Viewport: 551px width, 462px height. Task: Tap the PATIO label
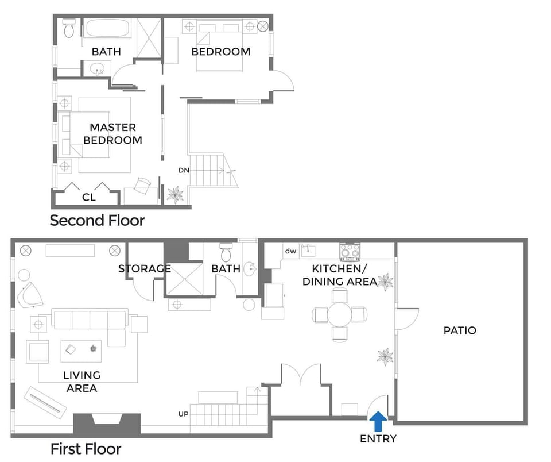point(460,330)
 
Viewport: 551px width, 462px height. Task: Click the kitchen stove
point(350,251)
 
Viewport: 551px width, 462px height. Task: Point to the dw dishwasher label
point(290,251)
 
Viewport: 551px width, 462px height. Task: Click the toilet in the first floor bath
point(226,252)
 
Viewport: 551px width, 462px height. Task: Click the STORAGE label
point(145,268)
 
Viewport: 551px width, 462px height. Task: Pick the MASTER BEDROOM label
point(112,133)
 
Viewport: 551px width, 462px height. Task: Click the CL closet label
point(88,197)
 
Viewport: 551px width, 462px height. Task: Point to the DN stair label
point(184,171)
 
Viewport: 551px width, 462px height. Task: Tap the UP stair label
point(184,414)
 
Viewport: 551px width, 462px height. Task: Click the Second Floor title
point(97,220)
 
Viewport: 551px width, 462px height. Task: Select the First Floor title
point(86,448)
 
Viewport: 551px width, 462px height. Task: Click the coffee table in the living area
point(82,351)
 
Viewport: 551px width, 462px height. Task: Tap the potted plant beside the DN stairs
point(174,194)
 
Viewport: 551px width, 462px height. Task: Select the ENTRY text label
point(378,439)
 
